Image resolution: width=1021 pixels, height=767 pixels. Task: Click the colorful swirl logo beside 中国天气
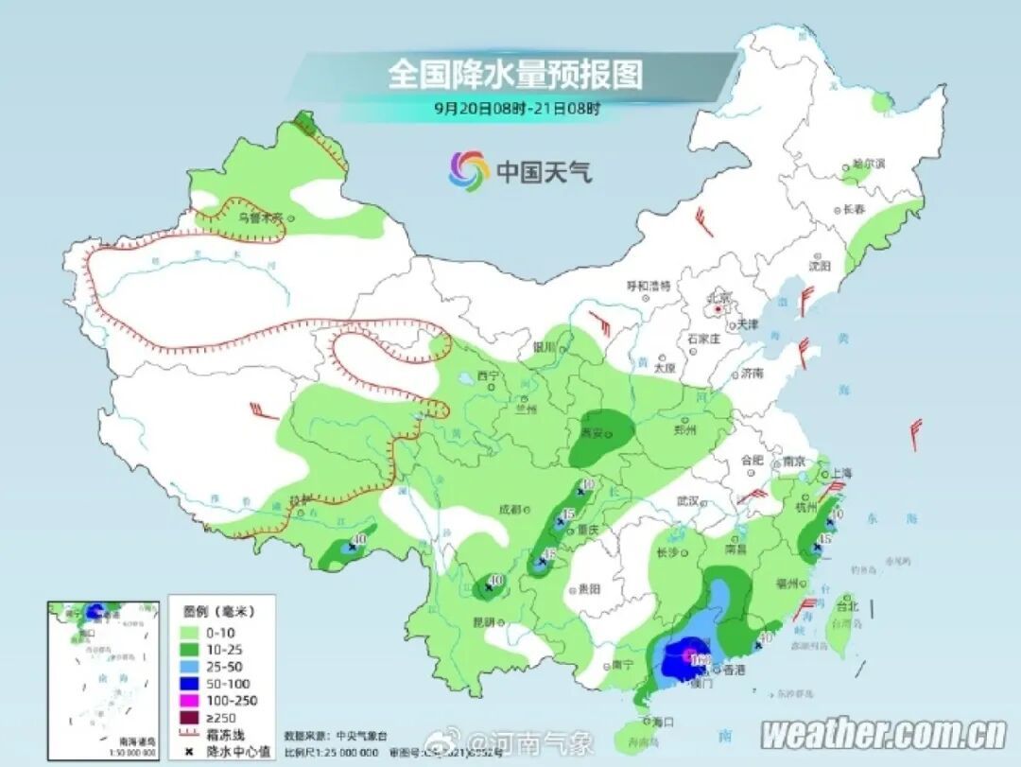point(468,170)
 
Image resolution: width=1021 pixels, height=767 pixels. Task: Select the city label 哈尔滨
point(867,163)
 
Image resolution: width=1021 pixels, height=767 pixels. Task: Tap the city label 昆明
point(483,621)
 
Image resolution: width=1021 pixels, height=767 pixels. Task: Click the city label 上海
point(839,473)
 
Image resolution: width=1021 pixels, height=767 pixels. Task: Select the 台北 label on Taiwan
point(846,606)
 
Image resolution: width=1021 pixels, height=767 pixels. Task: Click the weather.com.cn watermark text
point(884,733)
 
